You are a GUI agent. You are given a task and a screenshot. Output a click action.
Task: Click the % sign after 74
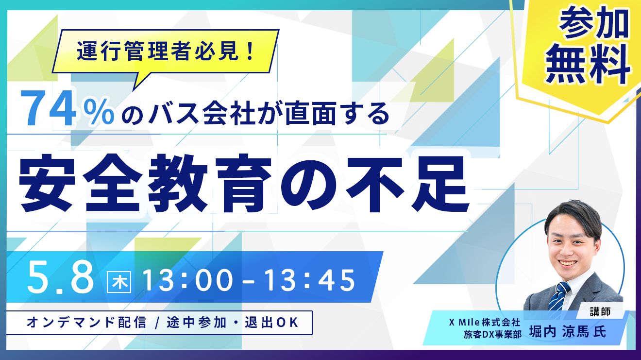(x=100, y=112)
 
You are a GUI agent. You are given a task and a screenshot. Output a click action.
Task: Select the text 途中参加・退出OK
(x=233, y=322)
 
